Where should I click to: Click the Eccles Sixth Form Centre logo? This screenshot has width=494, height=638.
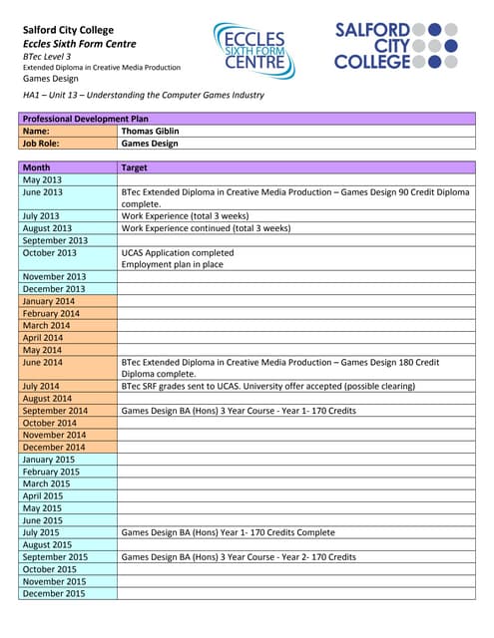(x=253, y=50)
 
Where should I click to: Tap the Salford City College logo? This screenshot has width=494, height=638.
(x=396, y=46)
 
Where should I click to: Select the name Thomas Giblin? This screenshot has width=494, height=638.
(x=150, y=131)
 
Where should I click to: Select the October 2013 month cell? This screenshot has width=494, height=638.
(x=49, y=252)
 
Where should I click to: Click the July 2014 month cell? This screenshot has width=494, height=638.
(x=41, y=386)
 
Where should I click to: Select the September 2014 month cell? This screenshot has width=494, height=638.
(x=55, y=411)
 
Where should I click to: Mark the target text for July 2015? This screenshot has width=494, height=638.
(x=228, y=532)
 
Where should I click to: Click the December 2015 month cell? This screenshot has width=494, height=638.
(x=54, y=593)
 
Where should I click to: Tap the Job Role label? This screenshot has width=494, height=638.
(x=42, y=143)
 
